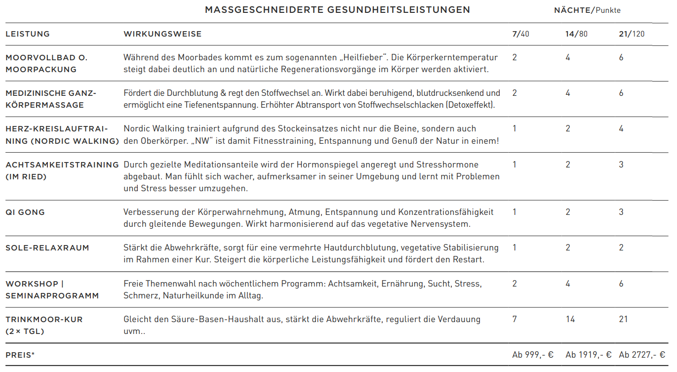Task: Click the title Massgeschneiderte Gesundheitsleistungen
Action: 337,10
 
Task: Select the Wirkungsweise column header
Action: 162,34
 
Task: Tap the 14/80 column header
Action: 576,34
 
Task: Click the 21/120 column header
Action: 632,34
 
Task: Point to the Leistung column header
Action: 28,34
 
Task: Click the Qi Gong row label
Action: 25,212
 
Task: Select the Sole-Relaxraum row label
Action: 47,248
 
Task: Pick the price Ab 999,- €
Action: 533,355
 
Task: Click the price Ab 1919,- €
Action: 589,355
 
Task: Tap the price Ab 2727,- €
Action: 642,355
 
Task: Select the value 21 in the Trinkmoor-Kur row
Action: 623,319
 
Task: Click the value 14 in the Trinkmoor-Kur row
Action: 570,319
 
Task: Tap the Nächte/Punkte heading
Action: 587,10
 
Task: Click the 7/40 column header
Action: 520,34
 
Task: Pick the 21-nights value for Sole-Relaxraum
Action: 621,248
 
